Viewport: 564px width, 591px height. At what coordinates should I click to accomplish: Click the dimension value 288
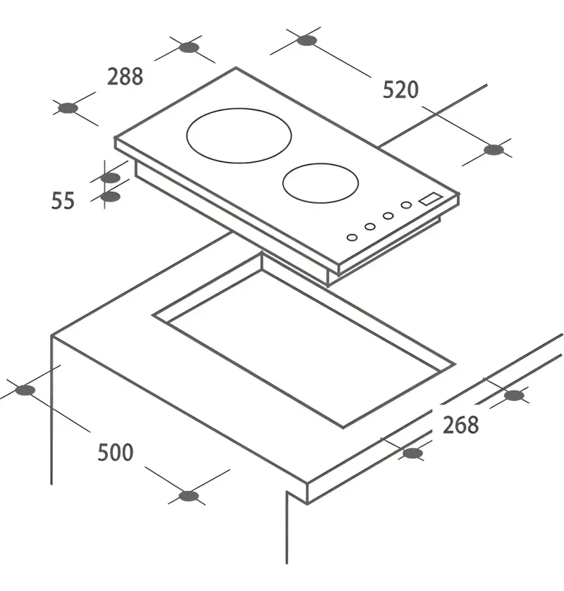125,77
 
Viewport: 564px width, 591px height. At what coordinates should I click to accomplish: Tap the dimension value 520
400,89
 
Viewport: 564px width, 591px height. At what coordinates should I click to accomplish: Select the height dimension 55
63,201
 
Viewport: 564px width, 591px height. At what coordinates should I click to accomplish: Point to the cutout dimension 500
116,452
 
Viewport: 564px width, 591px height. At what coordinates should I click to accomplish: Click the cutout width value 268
460,425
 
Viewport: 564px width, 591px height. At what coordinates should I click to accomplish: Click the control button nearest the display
406,205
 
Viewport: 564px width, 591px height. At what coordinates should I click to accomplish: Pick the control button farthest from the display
352,237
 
